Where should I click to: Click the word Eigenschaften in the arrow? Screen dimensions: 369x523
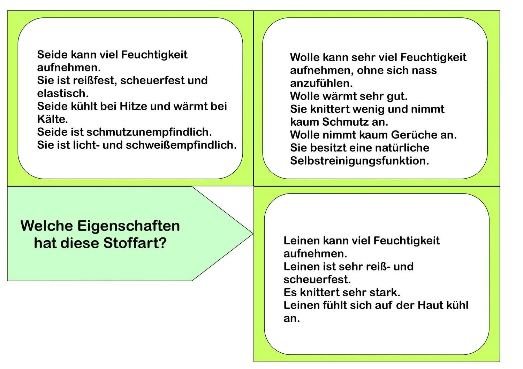[x=128, y=226]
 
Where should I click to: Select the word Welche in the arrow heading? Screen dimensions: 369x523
[x=47, y=226]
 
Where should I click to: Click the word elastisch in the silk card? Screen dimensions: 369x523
[x=62, y=93]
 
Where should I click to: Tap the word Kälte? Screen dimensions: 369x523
[x=52, y=119]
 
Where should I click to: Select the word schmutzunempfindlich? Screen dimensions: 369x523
[x=149, y=132]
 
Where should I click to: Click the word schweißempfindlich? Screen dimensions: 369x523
[x=181, y=145]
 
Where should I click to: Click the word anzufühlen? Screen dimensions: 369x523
[x=321, y=83]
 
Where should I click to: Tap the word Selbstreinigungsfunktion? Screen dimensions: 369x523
[x=359, y=161]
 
